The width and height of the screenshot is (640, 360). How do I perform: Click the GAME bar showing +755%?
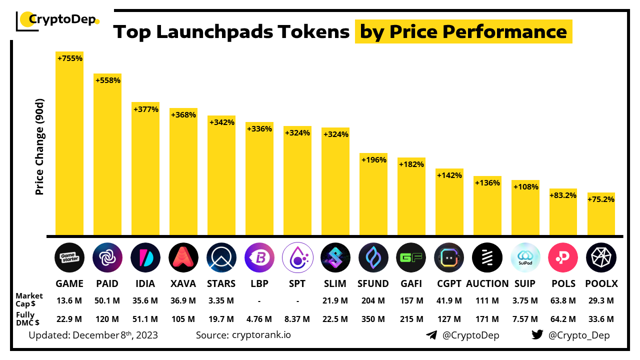pyautogui.click(x=69, y=145)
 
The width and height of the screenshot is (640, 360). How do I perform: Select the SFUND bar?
pyautogui.click(x=373, y=195)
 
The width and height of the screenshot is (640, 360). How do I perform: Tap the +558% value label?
pyautogui.click(x=107, y=80)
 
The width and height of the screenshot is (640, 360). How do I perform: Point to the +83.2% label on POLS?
pyautogui.click(x=563, y=195)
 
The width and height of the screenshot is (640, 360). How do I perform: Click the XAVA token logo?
pyautogui.click(x=183, y=257)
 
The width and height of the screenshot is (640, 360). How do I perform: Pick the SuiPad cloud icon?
pyautogui.click(x=525, y=257)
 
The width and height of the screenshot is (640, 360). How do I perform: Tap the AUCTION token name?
pyautogui.click(x=487, y=283)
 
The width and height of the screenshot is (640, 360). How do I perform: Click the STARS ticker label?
pyautogui.click(x=221, y=283)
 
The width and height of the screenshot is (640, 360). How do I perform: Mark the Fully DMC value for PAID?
pyautogui.click(x=107, y=319)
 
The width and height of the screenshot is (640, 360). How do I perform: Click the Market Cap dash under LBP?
pyautogui.click(x=259, y=300)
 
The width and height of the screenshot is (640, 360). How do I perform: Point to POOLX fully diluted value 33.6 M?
pyautogui.click(x=601, y=319)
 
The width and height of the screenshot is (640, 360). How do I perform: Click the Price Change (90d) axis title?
pyautogui.click(x=39, y=147)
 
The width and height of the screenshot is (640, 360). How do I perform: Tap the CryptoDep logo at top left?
pyautogui.click(x=58, y=20)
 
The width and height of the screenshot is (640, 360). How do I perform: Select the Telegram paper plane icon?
pyautogui.click(x=431, y=335)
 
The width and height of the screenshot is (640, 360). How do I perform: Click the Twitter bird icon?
pyautogui.click(x=537, y=335)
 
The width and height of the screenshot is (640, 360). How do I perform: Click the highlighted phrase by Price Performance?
pyautogui.click(x=463, y=32)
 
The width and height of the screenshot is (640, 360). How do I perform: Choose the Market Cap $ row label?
pyautogui.click(x=29, y=300)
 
